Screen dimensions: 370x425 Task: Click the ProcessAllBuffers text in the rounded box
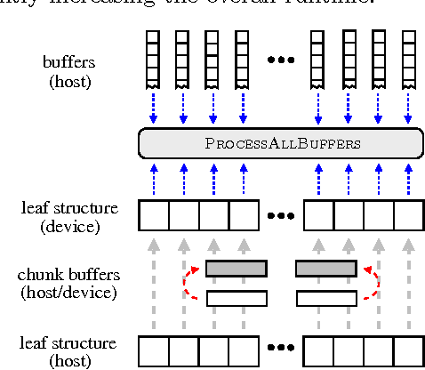280,142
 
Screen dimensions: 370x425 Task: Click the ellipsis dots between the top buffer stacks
280,60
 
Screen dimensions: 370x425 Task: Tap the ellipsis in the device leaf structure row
280,216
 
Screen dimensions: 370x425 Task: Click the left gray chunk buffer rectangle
236,268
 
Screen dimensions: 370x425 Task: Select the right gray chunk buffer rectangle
325,268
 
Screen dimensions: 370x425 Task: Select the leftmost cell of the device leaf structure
154,216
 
